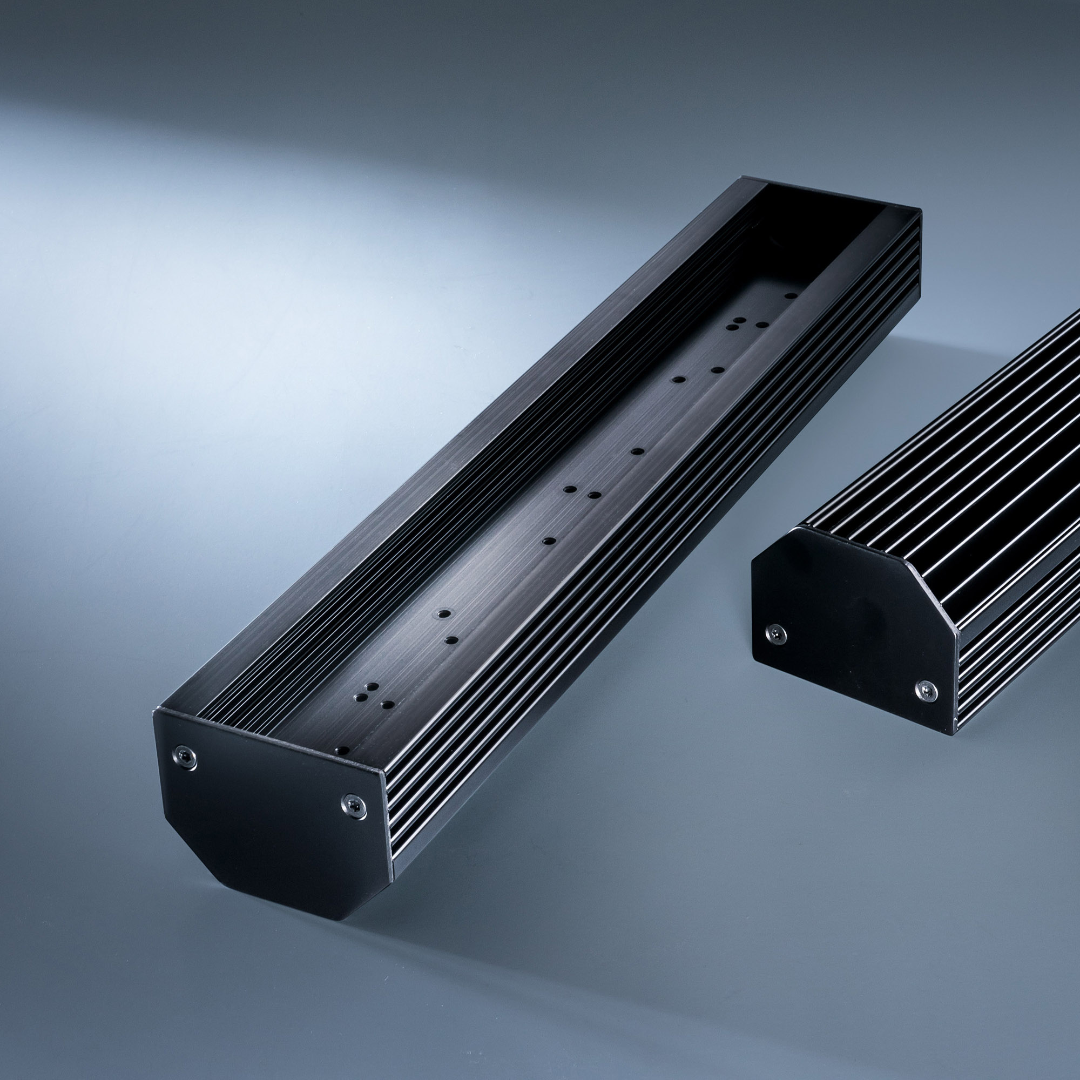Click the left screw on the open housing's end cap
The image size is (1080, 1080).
185,757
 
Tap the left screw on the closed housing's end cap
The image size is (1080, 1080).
777,634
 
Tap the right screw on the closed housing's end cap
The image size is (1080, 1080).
926,691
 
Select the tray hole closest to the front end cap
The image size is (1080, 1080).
342,750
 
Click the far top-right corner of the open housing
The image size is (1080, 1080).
920,211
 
